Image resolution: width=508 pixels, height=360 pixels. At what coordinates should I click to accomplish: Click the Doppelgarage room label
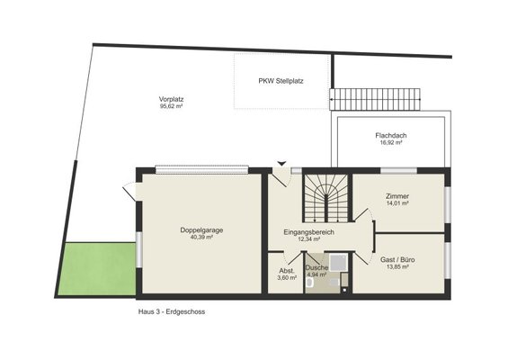tap(201, 230)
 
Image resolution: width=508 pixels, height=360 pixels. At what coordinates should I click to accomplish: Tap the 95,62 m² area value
tap(172, 106)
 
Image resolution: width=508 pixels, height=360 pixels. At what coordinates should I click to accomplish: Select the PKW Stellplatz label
tap(281, 81)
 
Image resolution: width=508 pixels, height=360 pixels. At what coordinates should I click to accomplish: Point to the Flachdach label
tap(391, 135)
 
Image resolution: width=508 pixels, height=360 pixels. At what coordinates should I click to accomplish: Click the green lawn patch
tap(97, 269)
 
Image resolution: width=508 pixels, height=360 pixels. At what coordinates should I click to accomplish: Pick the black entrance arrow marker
tap(281, 164)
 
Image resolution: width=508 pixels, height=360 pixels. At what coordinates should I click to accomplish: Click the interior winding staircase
tap(325, 198)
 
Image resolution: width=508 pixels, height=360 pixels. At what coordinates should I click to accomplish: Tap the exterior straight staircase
tap(375, 99)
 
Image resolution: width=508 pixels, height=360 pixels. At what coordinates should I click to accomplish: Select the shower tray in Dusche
tap(338, 262)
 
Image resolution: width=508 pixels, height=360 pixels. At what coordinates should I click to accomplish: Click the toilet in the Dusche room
tap(309, 283)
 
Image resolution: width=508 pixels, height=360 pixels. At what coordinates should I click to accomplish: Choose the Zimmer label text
tap(397, 196)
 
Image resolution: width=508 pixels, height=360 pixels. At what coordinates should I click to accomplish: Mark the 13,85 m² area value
tap(397, 267)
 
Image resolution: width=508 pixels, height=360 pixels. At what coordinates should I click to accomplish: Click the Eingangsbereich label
tap(308, 232)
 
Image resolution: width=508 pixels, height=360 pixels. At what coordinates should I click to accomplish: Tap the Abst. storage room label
tap(287, 271)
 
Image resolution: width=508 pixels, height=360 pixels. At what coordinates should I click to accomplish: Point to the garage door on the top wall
tap(201, 170)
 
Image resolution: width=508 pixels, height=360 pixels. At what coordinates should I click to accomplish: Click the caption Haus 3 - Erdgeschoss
tap(172, 312)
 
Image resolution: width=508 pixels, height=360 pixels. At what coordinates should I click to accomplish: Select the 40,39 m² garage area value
tap(201, 238)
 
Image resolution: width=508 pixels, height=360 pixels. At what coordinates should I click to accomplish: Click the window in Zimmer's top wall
tap(398, 171)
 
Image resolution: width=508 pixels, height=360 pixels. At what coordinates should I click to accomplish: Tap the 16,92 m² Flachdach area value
tap(391, 142)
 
